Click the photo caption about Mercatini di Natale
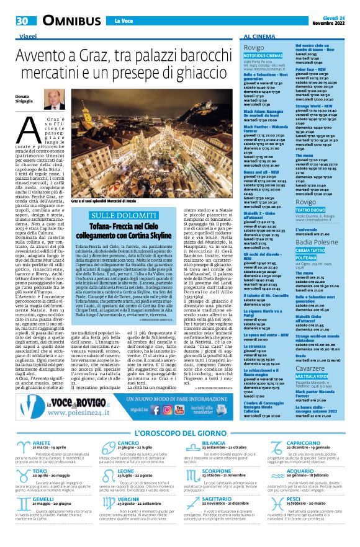tap(104, 200)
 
